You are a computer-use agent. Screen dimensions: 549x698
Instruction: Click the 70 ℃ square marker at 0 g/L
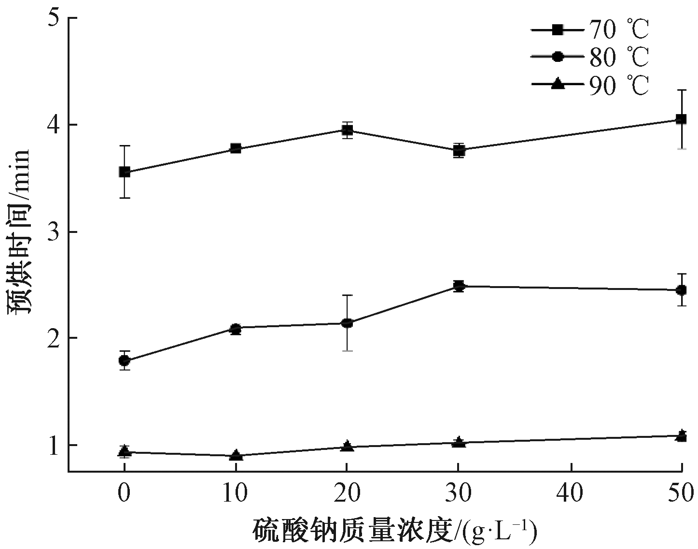click(x=125, y=172)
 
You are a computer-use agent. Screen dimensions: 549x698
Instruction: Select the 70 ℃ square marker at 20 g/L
click(x=347, y=130)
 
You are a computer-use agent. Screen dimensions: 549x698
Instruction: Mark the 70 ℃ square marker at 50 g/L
click(x=681, y=119)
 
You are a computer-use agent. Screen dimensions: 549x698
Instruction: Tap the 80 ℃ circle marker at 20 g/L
click(x=347, y=323)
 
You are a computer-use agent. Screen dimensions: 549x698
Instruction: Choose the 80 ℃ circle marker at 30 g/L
click(x=459, y=286)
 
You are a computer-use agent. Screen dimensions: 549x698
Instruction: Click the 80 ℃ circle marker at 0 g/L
click(x=125, y=361)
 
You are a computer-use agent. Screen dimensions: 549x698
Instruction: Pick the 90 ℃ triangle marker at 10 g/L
click(x=236, y=455)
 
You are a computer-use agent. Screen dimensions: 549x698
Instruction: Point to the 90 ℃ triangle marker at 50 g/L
click(x=681, y=435)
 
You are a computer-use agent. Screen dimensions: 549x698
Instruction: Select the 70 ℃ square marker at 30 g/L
click(x=459, y=150)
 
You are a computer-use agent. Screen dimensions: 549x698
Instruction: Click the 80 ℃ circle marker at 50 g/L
click(x=681, y=290)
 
